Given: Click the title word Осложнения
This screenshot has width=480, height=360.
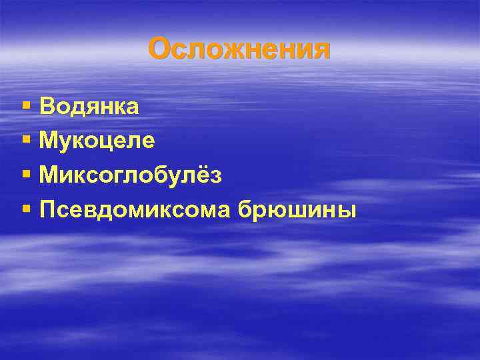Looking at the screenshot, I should [239, 49].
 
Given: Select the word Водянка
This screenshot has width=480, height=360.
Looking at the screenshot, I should [89, 106].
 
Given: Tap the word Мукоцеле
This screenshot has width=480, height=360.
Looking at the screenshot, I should [97, 141].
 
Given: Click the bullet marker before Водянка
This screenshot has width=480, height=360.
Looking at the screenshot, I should [26, 106].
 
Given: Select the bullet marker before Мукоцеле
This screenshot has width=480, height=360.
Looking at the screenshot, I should [26, 141].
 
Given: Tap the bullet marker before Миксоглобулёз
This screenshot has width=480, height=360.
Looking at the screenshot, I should [26, 175].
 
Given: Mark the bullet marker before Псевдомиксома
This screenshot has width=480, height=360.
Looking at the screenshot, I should [26, 210].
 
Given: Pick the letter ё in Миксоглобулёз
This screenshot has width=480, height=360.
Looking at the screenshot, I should [201, 175].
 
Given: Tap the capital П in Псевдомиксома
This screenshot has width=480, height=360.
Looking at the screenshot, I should [48, 210].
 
